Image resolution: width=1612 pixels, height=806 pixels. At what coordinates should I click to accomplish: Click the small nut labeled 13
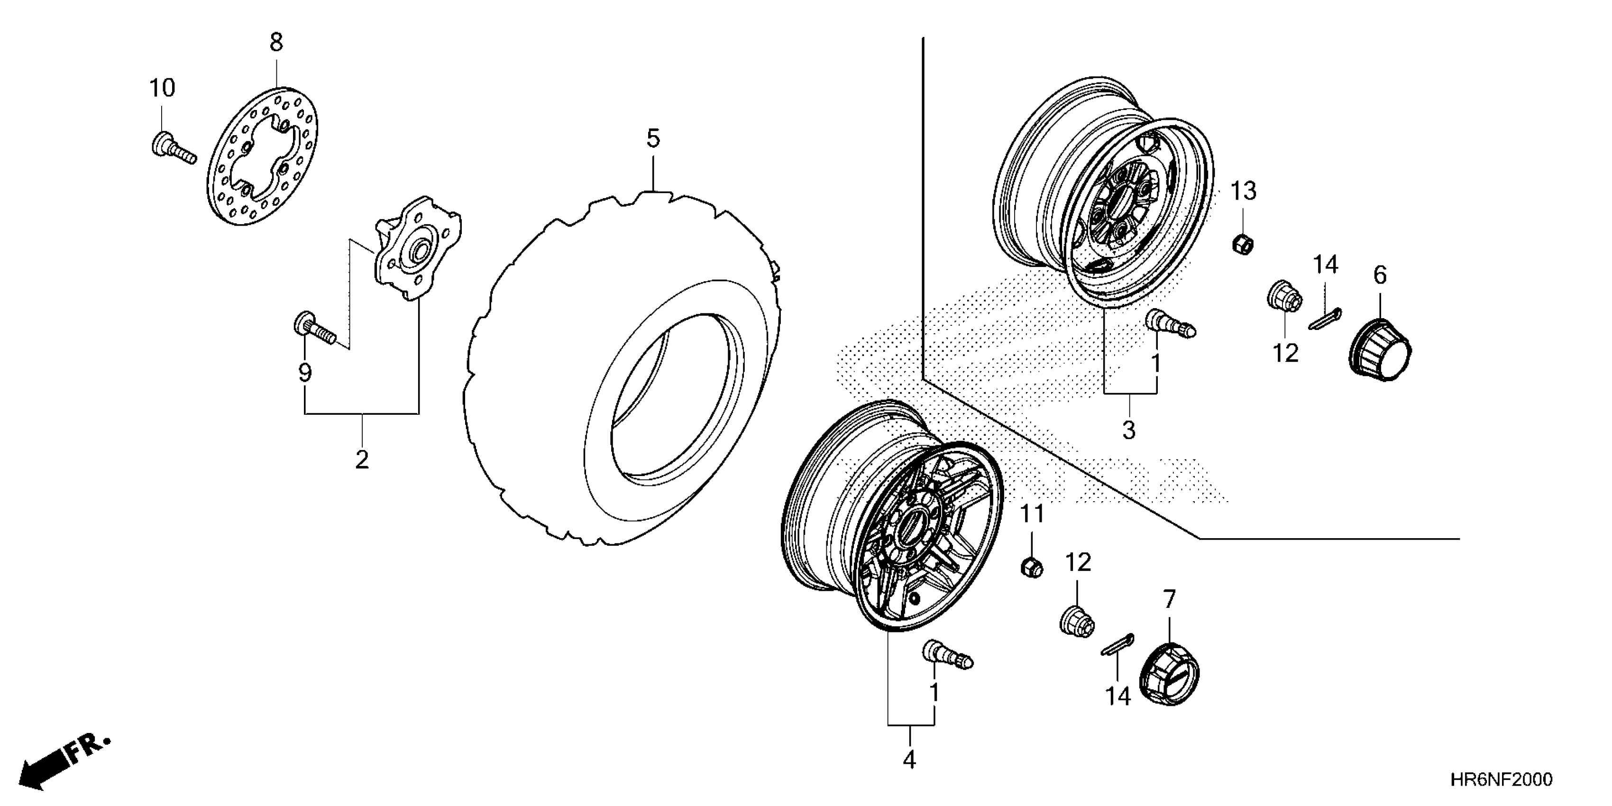pos(1242,243)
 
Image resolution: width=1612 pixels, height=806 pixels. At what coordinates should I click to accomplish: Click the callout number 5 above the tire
pos(653,138)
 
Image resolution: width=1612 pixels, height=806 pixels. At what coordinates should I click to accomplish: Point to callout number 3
pos(1129,430)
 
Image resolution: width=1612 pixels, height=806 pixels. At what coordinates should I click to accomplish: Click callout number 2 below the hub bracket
pos(362,460)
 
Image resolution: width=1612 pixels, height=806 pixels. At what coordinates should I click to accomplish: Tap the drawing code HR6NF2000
pos(1500,780)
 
